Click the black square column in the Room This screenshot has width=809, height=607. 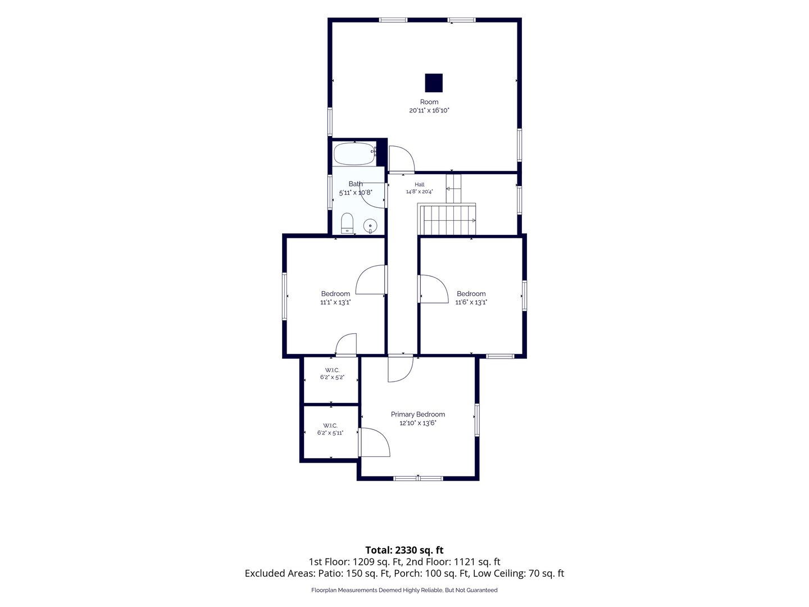(433, 83)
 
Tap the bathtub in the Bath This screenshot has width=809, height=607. (354, 153)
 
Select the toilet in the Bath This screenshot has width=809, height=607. (347, 223)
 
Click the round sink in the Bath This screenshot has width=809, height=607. (370, 225)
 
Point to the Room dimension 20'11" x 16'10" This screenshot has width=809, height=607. (429, 110)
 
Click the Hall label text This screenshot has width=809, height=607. (420, 184)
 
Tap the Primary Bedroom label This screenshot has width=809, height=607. (417, 414)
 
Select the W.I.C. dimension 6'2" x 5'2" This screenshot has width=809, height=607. (332, 377)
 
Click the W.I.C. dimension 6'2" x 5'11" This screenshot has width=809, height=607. (330, 433)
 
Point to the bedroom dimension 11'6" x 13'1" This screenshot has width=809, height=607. (471, 302)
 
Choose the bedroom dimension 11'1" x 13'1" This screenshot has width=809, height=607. (335, 302)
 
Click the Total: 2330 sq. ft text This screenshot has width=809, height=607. (404, 550)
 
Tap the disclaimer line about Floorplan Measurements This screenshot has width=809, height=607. (404, 590)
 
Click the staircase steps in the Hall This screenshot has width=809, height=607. (447, 220)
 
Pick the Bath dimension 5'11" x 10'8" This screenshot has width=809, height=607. (356, 192)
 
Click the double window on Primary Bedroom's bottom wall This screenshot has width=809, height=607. (418, 478)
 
